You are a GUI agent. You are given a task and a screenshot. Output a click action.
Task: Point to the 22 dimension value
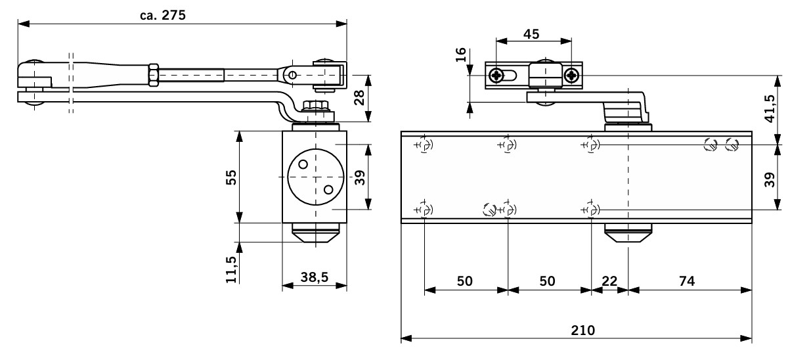click(609, 281)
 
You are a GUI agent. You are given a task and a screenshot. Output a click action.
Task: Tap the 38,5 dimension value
click(315, 278)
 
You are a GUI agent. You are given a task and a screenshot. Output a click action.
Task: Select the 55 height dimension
click(230, 177)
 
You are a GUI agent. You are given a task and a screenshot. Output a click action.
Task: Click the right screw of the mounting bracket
click(572, 76)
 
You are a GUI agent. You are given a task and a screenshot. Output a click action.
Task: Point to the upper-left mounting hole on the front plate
click(424, 145)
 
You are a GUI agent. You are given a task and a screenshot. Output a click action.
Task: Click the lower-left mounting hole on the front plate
click(424, 210)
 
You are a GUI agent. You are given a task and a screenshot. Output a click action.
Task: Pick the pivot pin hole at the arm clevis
click(295, 74)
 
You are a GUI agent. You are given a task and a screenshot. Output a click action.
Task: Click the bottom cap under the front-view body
click(628, 233)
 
